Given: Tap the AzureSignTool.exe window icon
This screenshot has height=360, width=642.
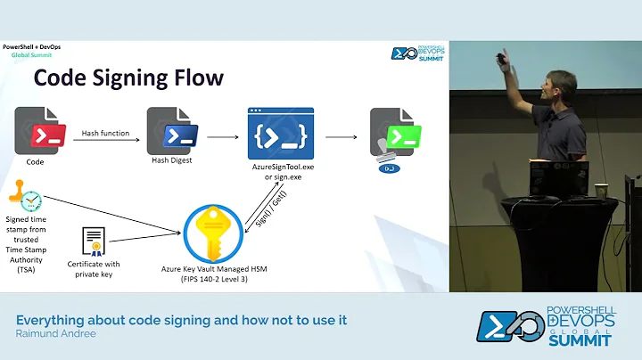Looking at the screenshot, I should click(x=280, y=134).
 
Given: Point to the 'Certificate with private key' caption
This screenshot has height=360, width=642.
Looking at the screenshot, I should click(x=93, y=269).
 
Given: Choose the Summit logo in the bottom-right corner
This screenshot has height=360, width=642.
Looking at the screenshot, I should click(x=545, y=326).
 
